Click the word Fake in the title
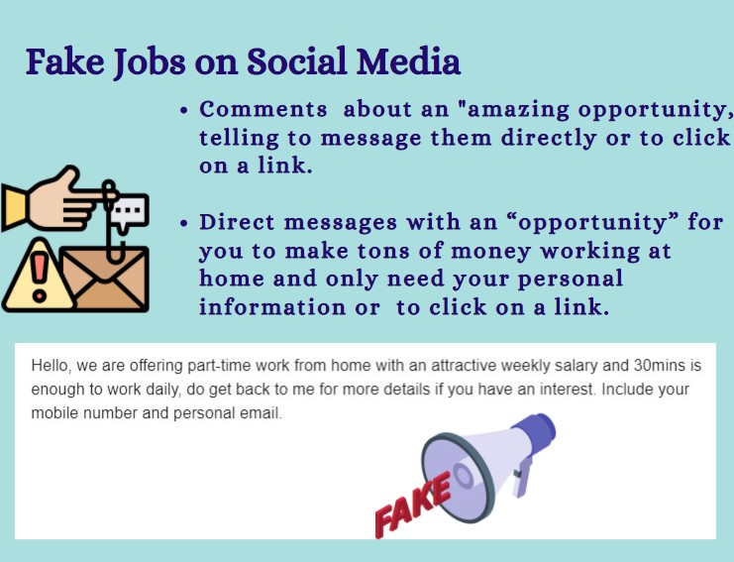tap(65, 61)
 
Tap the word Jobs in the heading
tap(150, 63)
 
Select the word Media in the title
tap(408, 61)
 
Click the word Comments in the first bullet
tap(263, 110)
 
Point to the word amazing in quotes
tap(519, 111)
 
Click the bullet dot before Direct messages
tap(184, 223)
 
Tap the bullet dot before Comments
tap(184, 111)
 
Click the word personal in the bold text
tap(571, 280)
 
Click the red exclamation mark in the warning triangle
tap(40, 278)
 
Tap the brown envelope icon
tap(105, 279)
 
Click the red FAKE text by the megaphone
tap(413, 505)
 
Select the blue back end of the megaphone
tap(536, 433)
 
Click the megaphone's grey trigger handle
tap(522, 477)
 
